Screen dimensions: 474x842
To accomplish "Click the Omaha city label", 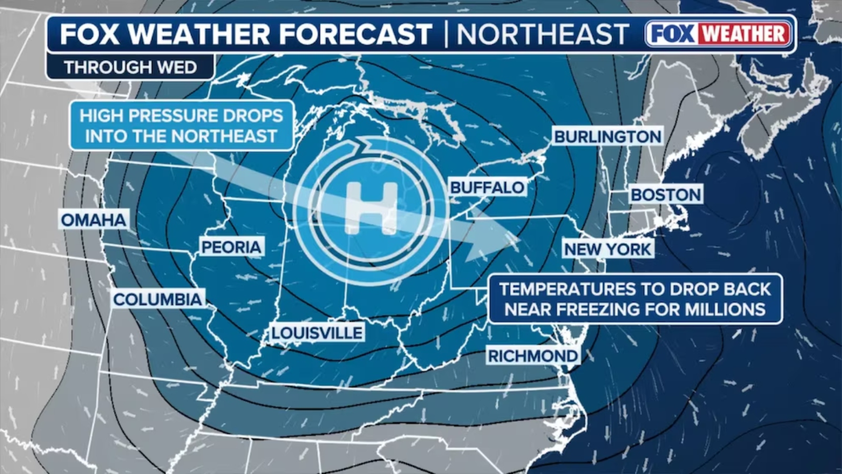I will pyautogui.click(x=94, y=220).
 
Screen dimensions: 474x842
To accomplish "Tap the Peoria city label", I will pyautogui.click(x=231, y=246).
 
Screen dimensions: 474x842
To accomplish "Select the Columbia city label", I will pyautogui.click(x=157, y=299).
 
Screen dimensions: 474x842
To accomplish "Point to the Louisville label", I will pyautogui.click(x=317, y=333).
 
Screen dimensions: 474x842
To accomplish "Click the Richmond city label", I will pyautogui.click(x=533, y=356).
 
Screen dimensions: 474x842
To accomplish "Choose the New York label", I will pyautogui.click(x=607, y=249).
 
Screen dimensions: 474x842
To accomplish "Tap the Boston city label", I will pyautogui.click(x=666, y=194).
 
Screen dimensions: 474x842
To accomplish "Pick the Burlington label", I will pyautogui.click(x=607, y=136).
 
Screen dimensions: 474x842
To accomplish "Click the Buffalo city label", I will pyautogui.click(x=487, y=187).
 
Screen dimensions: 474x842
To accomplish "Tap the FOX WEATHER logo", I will pyautogui.click(x=719, y=34).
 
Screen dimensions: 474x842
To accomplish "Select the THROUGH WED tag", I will pyautogui.click(x=130, y=67).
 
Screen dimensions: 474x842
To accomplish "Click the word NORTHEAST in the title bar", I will pyautogui.click(x=543, y=34).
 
